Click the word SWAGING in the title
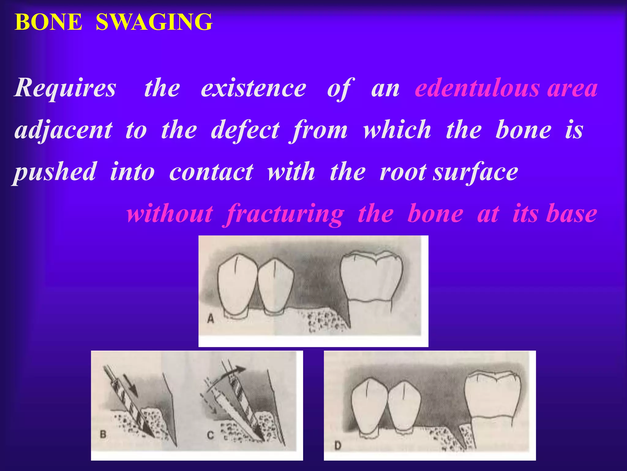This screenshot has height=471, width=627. point(154,22)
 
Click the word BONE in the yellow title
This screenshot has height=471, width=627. point(48,22)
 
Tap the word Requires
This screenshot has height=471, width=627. point(65,88)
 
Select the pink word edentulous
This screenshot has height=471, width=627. point(477,88)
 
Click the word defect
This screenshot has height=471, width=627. point(245,130)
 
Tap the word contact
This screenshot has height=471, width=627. point(211,172)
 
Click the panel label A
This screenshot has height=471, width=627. point(211,319)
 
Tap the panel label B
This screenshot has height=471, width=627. point(103,434)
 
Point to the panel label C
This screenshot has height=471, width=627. point(211,435)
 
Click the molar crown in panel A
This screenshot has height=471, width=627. point(371,278)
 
